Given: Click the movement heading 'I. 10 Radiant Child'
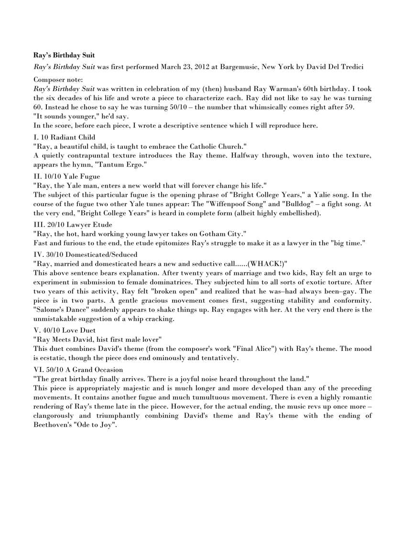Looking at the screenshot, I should [65, 137].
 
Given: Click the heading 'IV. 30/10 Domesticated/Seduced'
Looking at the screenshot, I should [86, 254].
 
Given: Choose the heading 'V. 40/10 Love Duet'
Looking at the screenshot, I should [65, 330].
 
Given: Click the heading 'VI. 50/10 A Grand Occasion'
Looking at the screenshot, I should [78, 370].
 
